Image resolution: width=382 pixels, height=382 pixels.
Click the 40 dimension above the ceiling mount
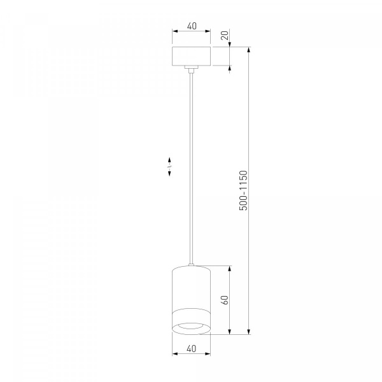(192, 26)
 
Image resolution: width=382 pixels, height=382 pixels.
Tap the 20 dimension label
(225, 35)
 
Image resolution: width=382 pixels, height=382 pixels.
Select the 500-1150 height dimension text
(243, 190)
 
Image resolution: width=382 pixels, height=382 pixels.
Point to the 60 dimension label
(225, 300)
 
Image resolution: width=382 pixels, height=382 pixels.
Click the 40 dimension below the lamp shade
(192, 349)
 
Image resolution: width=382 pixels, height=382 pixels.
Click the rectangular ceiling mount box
(192, 56)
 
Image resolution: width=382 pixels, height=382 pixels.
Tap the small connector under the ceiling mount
(191, 69)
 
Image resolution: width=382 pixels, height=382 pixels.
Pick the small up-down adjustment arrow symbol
(169, 166)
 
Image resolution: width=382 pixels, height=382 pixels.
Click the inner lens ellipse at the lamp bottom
(191, 326)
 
